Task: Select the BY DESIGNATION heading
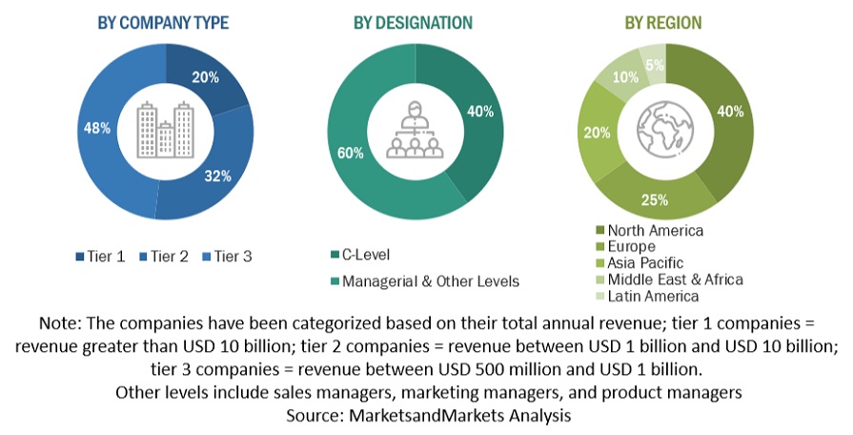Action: click(x=413, y=22)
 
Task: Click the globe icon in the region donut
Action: click(x=663, y=127)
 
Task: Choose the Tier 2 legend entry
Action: click(x=165, y=256)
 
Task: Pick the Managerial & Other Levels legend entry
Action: click(x=428, y=280)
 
